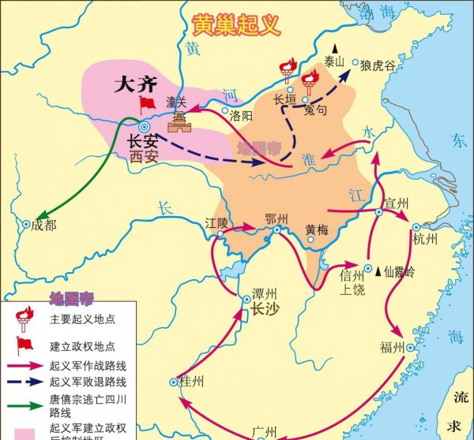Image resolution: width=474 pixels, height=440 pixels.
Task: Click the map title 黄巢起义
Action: pyautogui.click(x=236, y=24)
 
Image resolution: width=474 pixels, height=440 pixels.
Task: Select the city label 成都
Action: pyautogui.click(x=46, y=225)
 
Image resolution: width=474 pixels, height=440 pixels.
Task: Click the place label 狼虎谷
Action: pyautogui.click(x=378, y=65)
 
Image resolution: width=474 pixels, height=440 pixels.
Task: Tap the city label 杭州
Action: pyautogui.click(x=427, y=241)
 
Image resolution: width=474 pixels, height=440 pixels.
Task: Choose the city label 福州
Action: pyautogui.click(x=392, y=348)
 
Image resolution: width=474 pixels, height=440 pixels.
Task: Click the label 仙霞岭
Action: pyautogui.click(x=399, y=270)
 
